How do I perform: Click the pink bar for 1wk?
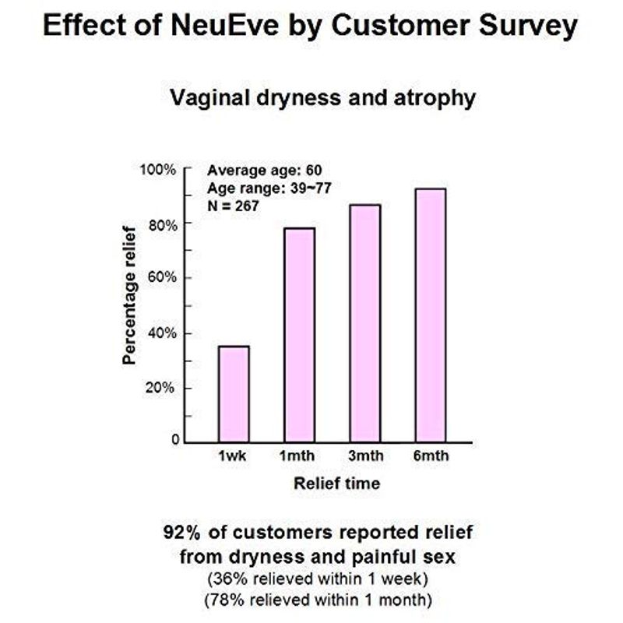tap(234, 394)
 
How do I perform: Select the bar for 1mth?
tap(299, 335)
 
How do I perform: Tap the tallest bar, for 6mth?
tap(429, 315)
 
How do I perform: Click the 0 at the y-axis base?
tap(176, 441)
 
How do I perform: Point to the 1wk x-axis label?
tap(234, 457)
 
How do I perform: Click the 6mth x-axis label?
tap(429, 457)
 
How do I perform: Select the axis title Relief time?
tap(337, 484)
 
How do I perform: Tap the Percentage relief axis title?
tap(129, 295)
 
